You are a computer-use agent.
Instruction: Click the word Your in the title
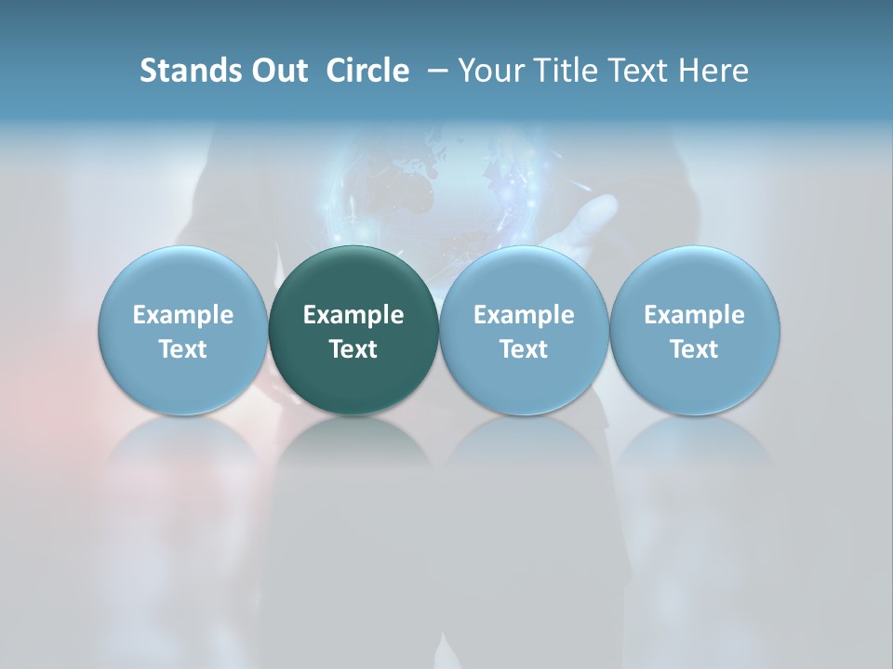point(489,71)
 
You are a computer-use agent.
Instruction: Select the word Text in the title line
point(637,71)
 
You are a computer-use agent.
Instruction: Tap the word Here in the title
point(713,71)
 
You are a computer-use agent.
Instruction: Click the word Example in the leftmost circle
point(183,315)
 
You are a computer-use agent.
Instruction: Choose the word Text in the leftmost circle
point(183,349)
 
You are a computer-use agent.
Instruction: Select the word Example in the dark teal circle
point(353,315)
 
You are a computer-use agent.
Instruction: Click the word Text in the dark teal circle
point(353,349)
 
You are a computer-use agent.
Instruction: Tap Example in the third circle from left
point(524,315)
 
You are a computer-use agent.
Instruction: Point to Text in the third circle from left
point(524,349)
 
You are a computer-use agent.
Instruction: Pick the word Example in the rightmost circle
point(694,315)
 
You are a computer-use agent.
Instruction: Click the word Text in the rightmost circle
point(694,349)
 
